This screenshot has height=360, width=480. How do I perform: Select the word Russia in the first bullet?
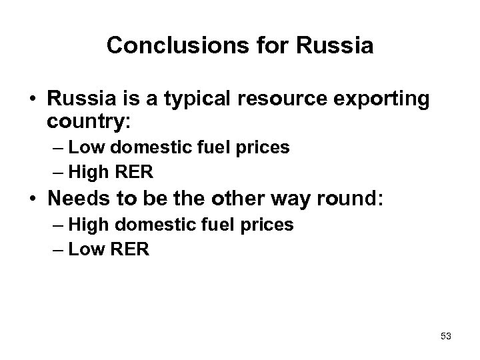click(x=76, y=99)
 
